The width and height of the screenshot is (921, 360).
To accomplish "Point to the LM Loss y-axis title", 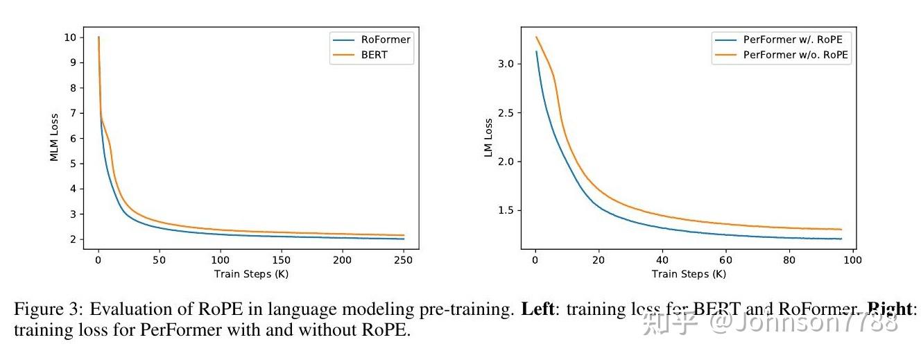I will tap(488, 137).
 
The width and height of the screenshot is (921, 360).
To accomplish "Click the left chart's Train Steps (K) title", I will tap(251, 274).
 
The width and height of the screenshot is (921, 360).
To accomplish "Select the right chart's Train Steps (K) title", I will tap(689, 274).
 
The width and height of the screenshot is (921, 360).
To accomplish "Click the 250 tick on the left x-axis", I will tap(403, 260).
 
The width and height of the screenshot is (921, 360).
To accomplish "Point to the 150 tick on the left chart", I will tap(281, 260).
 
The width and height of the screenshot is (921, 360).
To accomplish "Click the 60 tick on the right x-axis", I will tap(725, 260).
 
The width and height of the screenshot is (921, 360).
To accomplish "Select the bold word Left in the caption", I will tap(537, 309).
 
